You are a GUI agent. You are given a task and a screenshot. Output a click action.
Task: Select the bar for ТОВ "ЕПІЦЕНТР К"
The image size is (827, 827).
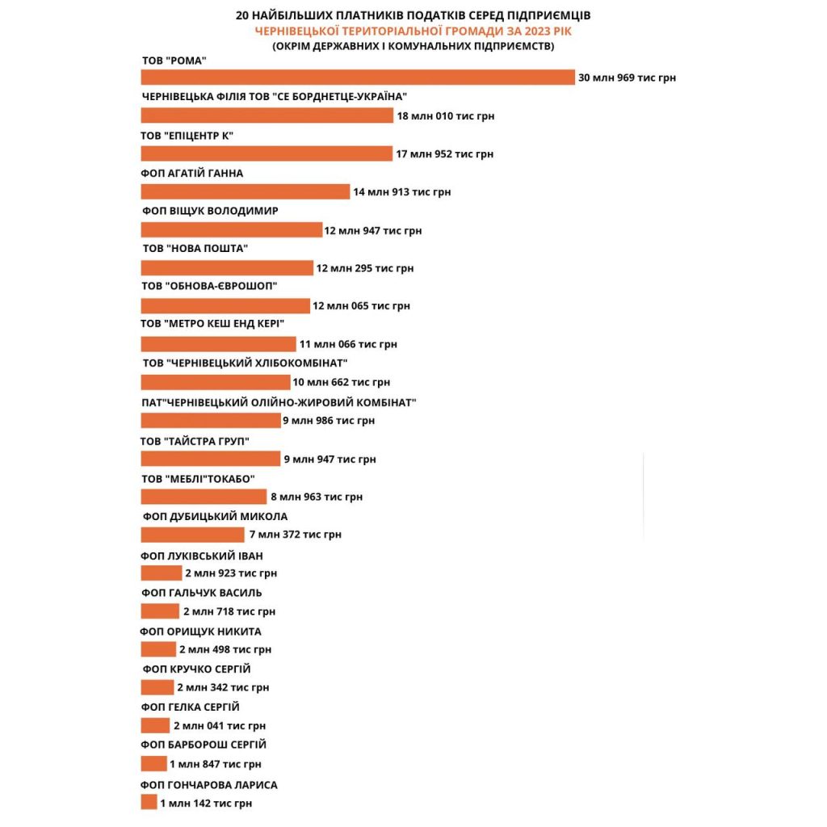267,153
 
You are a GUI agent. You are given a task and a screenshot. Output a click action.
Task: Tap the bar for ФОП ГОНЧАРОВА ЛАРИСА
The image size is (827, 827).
149,802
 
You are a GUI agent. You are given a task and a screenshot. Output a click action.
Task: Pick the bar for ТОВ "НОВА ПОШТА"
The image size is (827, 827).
227,268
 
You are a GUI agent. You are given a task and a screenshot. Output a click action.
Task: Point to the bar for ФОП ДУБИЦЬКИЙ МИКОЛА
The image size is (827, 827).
192,535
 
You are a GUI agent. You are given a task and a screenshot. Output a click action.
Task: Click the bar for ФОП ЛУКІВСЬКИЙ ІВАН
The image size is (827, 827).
162,573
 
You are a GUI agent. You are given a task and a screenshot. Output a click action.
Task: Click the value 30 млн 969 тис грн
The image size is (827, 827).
627,78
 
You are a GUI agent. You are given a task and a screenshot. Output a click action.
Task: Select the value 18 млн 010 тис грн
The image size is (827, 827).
445,116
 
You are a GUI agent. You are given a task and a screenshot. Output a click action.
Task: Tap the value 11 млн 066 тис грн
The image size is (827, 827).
347,344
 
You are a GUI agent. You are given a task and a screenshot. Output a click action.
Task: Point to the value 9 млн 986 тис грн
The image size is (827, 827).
328,421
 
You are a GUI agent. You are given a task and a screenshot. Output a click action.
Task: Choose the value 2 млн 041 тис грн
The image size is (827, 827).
219,726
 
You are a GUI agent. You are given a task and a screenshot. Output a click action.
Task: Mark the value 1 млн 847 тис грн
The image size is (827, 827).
215,764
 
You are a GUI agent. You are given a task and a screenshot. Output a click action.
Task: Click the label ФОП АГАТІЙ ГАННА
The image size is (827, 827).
192,174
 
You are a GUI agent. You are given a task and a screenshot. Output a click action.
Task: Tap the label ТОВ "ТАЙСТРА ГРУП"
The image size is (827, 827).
195,441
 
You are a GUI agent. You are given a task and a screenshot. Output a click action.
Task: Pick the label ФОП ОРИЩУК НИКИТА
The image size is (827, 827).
201,632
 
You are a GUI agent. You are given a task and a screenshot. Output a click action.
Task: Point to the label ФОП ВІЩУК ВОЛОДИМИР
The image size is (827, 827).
209,211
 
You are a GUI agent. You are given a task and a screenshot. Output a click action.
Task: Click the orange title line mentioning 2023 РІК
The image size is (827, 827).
413,31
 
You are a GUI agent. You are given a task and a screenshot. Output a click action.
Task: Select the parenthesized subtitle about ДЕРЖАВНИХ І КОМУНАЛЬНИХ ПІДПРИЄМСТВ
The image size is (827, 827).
413,46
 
